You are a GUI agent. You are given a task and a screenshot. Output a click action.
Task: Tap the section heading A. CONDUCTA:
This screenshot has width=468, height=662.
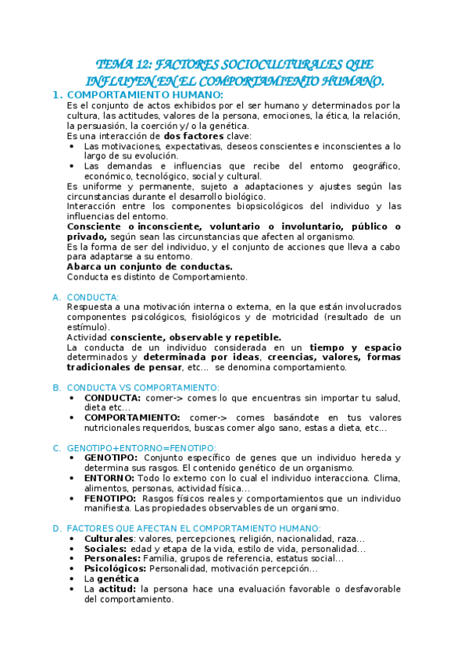[92, 297]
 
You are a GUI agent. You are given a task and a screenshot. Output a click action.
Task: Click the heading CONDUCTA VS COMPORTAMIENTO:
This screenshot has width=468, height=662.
[143, 388]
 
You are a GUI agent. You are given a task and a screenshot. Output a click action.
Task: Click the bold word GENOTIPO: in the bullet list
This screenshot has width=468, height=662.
[111, 457]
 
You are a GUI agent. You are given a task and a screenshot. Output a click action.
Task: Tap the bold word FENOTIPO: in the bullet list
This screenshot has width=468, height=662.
[109, 498]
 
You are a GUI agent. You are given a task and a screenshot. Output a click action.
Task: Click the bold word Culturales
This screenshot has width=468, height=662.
[109, 539]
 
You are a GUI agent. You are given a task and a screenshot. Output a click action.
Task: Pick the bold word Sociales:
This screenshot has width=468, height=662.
[105, 549]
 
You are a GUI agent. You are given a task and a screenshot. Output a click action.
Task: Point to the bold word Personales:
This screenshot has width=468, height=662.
[112, 559]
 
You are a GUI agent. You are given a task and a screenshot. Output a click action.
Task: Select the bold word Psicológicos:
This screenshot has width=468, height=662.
[115, 569]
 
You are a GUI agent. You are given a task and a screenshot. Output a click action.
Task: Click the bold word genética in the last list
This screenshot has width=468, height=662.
[118, 579]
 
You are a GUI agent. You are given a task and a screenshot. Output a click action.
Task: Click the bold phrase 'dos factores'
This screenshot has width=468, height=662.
[193, 136]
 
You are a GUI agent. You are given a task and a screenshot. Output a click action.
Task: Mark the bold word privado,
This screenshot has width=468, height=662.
[88, 237]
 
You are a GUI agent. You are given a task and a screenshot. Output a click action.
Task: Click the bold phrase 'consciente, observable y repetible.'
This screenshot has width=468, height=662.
[195, 337]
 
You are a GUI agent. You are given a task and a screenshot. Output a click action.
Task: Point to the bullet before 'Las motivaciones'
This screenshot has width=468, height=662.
[72, 146]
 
